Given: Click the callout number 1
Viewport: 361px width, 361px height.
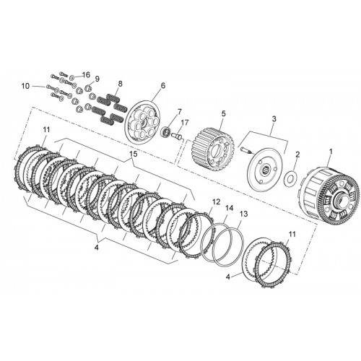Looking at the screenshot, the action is point(331,152).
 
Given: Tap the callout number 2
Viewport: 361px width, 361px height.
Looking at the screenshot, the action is point(297,155).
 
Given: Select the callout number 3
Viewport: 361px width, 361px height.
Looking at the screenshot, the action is point(274,119).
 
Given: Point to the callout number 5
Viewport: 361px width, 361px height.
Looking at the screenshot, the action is point(224,113).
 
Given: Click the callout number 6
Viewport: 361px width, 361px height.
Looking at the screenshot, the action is point(163,85).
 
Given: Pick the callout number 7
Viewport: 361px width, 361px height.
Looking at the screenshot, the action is point(179,112).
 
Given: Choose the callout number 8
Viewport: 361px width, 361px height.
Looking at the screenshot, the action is point(120,84).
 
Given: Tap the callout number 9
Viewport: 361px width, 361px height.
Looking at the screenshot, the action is point(97,79).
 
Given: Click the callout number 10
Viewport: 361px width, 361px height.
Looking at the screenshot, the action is point(26,86).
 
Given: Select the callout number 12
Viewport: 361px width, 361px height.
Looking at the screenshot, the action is point(217,201).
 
